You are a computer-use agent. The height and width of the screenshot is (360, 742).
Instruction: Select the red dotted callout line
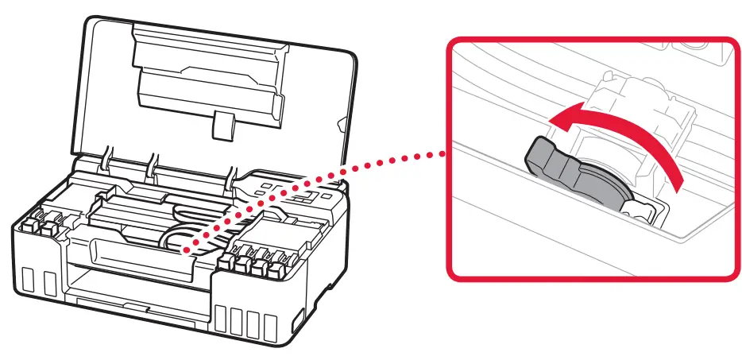point(318,199)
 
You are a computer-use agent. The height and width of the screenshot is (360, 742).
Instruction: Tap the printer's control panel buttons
point(290,195)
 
